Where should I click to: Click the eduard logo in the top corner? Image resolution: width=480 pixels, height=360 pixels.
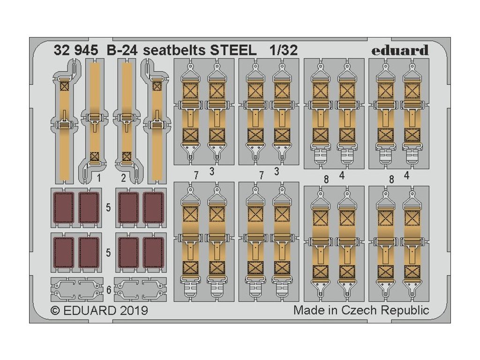400,50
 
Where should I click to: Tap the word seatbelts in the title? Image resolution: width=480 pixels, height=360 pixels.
167,50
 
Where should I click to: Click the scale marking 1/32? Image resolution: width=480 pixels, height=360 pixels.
283,50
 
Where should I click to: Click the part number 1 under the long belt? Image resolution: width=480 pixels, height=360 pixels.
99,178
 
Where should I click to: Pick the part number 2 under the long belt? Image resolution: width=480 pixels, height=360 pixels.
123,178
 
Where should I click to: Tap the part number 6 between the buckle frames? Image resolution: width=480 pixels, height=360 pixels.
109,290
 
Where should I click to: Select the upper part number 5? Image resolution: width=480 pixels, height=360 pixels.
108,208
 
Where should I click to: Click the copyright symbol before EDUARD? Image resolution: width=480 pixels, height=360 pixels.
55,310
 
